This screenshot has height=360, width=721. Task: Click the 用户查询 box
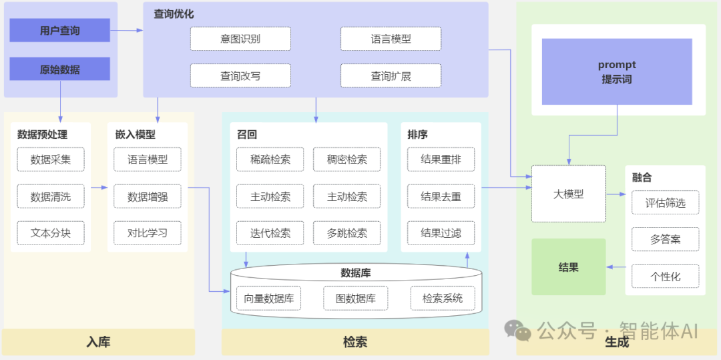click(x=60, y=31)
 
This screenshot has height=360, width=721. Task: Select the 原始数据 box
click(x=60, y=69)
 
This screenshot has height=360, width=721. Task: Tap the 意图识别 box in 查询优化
click(x=240, y=39)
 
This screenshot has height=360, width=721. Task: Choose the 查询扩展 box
click(x=391, y=76)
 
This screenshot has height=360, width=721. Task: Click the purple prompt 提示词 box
click(x=617, y=71)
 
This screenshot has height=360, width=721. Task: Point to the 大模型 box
click(x=568, y=194)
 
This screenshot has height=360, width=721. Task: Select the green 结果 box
click(x=568, y=267)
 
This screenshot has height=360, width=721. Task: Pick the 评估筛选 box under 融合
click(x=665, y=202)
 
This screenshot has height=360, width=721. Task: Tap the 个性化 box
click(x=665, y=276)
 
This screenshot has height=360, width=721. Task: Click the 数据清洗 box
click(x=51, y=196)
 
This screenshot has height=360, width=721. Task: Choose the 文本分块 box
click(x=51, y=233)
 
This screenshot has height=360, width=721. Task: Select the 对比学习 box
click(x=148, y=233)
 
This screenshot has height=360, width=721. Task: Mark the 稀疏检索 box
click(x=270, y=160)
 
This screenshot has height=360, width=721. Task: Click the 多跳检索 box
click(x=346, y=233)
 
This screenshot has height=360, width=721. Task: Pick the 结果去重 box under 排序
click(x=441, y=196)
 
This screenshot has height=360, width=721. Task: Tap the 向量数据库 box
click(x=268, y=298)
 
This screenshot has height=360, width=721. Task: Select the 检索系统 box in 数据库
click(x=442, y=298)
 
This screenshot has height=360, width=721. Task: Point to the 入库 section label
click(x=98, y=342)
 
